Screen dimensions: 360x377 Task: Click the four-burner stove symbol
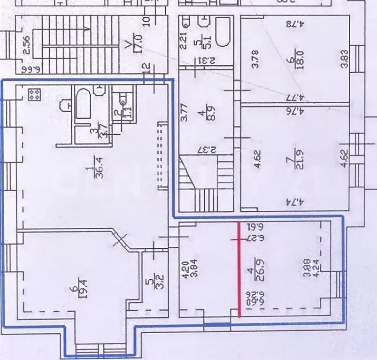point(33,95)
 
